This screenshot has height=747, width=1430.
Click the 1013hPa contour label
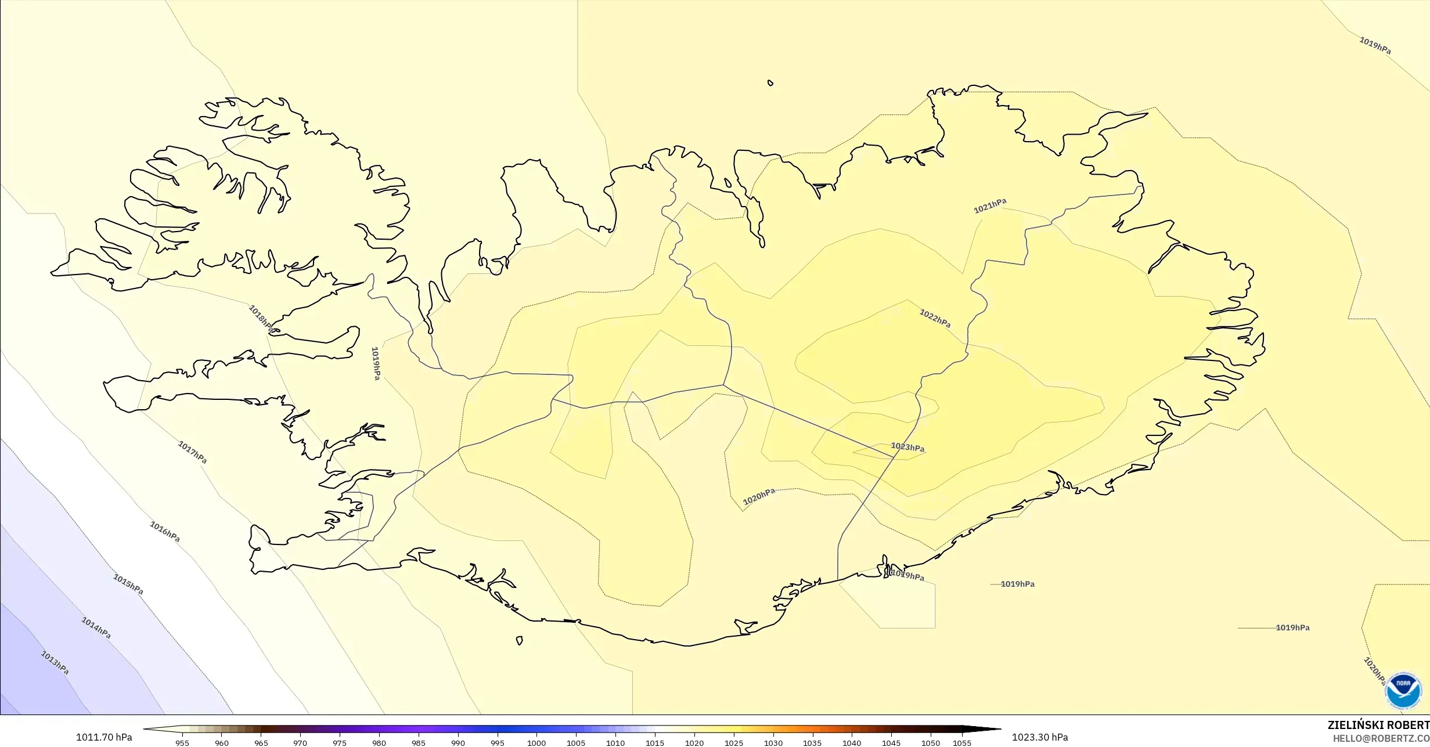point(55,662)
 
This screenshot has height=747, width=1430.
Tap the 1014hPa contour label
point(96,628)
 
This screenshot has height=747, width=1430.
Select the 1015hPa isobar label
point(128,584)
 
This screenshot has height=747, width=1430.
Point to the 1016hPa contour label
point(165,532)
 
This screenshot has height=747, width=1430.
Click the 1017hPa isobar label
point(192,452)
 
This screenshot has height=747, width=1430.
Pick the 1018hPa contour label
point(261,318)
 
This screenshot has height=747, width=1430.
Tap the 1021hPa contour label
point(990,205)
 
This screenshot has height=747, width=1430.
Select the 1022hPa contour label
point(935,318)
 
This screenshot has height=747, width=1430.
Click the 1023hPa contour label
point(907,448)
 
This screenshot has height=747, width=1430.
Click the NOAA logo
point(1403,691)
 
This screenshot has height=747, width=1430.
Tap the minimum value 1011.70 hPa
point(104,737)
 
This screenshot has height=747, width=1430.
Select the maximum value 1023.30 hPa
point(1040,737)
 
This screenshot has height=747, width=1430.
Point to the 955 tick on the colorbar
point(182,743)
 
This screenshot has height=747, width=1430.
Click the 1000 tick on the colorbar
point(536,743)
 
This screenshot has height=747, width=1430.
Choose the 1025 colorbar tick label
point(733,743)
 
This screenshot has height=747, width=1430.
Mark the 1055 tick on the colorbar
point(962,743)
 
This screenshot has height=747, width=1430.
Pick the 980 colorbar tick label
point(379,743)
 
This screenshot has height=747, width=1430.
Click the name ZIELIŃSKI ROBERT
point(1378,725)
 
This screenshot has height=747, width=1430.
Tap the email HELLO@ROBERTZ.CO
point(1381,738)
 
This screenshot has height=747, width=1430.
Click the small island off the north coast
point(770,83)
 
